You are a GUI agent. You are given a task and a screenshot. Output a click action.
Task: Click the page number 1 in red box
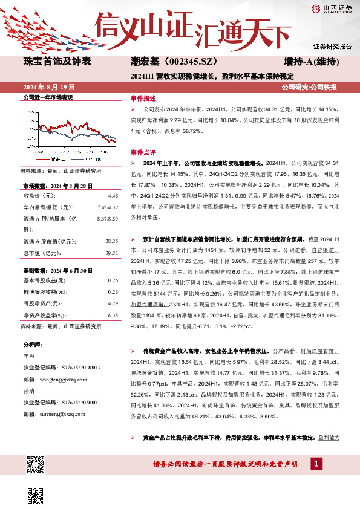tap(316, 463)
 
